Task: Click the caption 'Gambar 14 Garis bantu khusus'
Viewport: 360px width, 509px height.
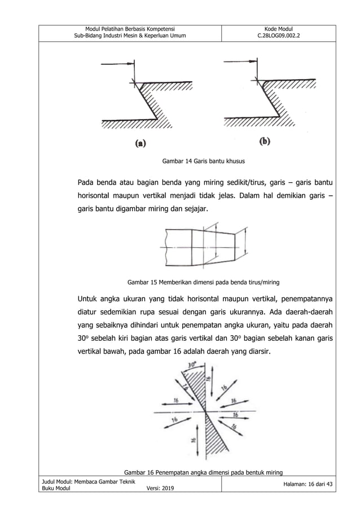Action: (203, 161)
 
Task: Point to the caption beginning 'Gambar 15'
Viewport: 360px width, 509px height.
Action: (203, 280)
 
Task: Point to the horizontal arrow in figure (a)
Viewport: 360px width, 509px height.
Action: (121, 62)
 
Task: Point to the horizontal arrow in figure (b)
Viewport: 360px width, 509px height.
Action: (240, 62)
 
